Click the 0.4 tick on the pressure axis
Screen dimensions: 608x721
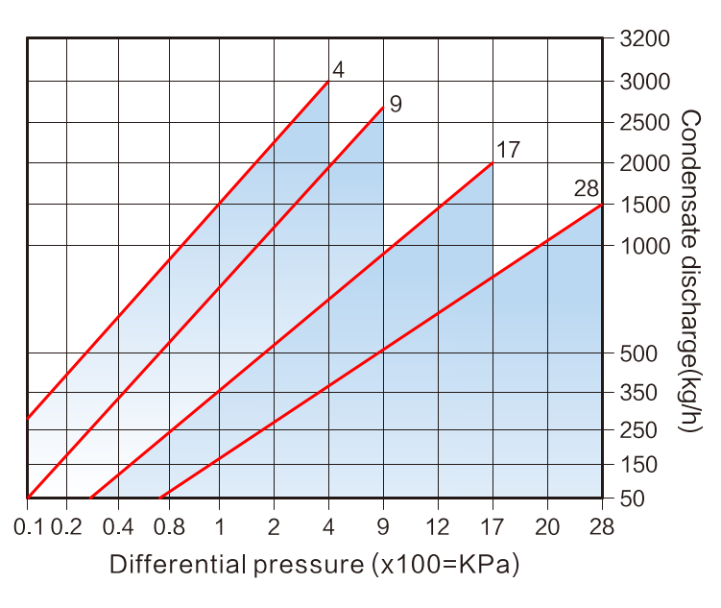118,526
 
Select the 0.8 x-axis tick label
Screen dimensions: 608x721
169,526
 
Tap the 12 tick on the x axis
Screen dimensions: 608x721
438,526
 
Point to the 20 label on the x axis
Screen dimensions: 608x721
547,526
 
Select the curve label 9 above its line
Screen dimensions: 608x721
396,104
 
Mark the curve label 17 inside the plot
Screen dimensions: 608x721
508,150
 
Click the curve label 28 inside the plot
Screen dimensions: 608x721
587,188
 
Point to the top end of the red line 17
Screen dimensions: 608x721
493,163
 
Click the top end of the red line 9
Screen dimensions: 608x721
383,107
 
